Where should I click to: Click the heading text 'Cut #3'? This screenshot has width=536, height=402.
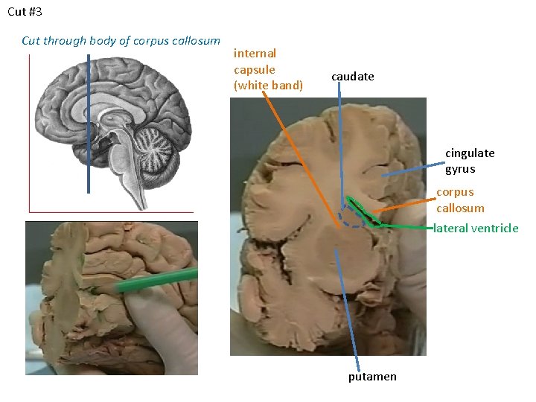[x=25, y=13]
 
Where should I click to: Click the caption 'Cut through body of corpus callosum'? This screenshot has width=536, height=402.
[x=121, y=41]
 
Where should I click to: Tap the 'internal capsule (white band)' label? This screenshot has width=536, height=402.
[x=268, y=69]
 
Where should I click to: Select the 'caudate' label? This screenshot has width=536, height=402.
[x=352, y=77]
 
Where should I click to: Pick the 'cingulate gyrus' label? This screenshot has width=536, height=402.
[x=470, y=161]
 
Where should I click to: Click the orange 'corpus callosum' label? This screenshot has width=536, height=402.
[x=460, y=200]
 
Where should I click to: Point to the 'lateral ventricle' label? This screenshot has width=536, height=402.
[x=476, y=229]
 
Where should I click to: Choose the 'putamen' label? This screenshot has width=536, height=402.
[x=372, y=377]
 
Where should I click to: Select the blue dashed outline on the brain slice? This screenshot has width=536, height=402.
[x=350, y=217]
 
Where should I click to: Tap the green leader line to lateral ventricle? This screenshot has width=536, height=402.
[x=406, y=226]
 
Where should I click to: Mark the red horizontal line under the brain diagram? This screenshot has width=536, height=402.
[x=112, y=212]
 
